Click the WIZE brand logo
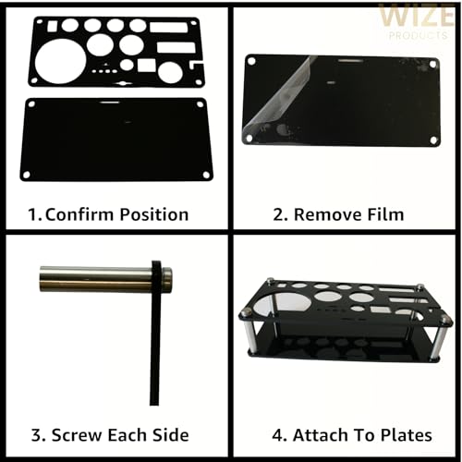pos(417,16)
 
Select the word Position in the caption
pos(153,215)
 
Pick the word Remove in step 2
pos(323,215)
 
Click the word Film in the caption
pos(383,215)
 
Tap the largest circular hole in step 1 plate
pos(61,59)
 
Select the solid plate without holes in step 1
pos(116,139)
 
